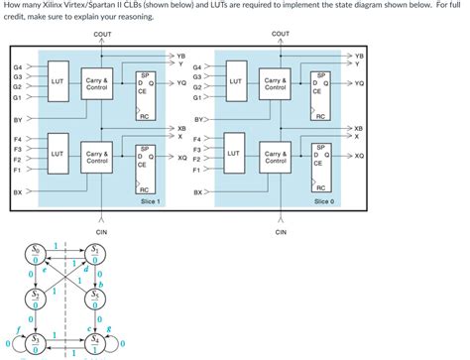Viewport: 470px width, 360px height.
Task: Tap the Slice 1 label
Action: [x=151, y=200]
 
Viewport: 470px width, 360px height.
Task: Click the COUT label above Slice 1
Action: [x=102, y=35]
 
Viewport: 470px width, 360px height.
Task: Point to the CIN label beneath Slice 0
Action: [x=280, y=233]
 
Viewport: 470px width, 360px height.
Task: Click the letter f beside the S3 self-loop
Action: [x=18, y=325]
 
